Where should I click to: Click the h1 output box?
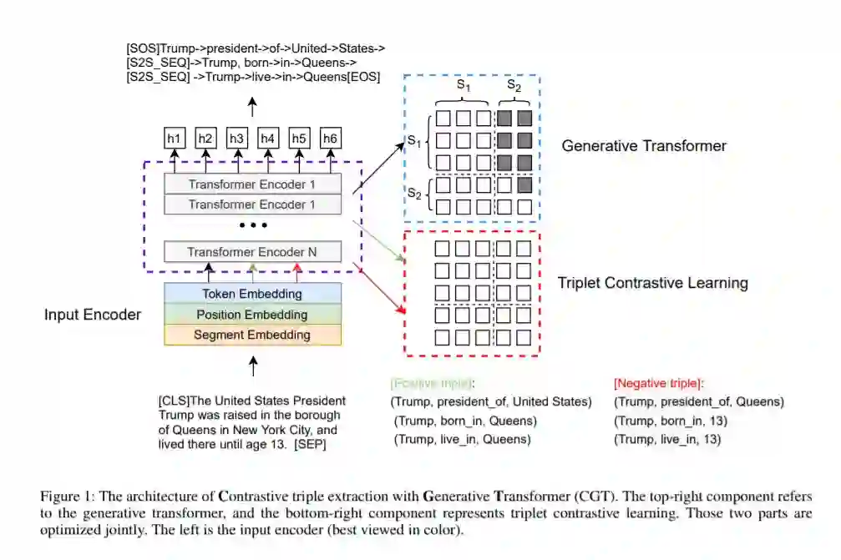click(x=175, y=139)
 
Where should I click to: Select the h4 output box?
click(x=268, y=139)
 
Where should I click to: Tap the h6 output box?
click(x=331, y=139)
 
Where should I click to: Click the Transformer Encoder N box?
click(x=252, y=251)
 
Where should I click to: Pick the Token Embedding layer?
click(x=252, y=294)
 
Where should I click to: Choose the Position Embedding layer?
click(x=252, y=315)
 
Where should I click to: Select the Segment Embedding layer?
click(x=252, y=335)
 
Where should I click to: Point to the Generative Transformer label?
click(x=644, y=146)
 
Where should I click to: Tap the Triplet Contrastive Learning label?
click(x=652, y=283)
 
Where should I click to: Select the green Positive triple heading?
click(x=432, y=383)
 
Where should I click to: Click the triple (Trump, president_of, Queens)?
click(x=698, y=401)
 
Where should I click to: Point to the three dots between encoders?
click(x=252, y=225)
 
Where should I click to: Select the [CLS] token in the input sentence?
click(x=174, y=401)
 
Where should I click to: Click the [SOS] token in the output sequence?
click(x=142, y=48)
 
